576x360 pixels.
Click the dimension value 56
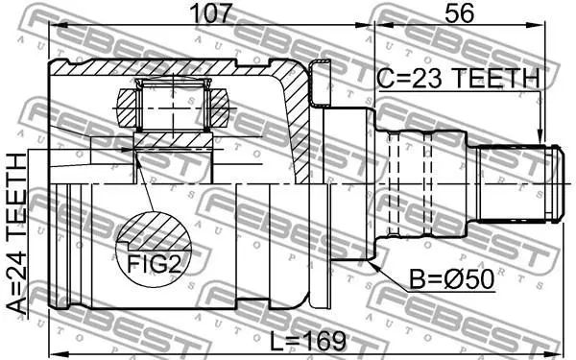[459, 13]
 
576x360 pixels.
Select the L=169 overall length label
[308, 341]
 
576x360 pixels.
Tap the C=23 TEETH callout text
[459, 79]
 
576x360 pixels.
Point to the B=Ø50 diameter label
[451, 279]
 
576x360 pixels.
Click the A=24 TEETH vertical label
[17, 234]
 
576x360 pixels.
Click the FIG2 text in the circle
[155, 264]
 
